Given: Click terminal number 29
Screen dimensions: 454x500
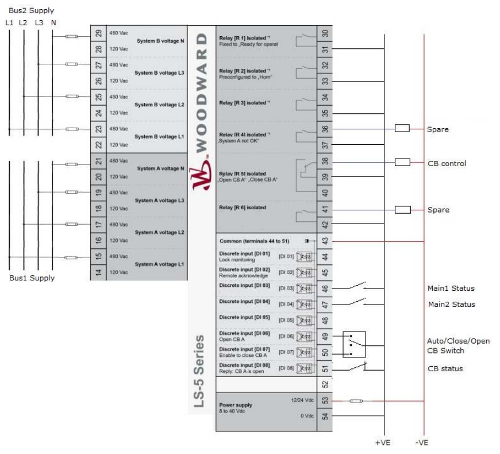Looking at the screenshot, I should [x=98, y=34].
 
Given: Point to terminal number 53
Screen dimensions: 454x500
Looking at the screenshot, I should [x=325, y=400].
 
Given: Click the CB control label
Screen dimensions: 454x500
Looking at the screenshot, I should [x=447, y=163].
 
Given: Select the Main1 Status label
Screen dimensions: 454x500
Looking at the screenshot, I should [x=452, y=289].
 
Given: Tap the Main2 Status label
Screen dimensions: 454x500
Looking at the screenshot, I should [x=452, y=305].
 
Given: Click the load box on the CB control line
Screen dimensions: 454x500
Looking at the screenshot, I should [x=403, y=163].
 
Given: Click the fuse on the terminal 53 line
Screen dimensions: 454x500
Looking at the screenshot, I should [x=356, y=401].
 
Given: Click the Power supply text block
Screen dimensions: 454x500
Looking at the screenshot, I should [x=234, y=407].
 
